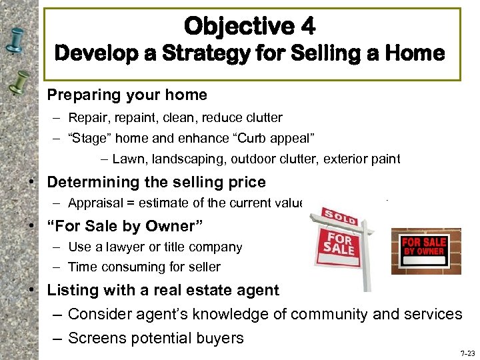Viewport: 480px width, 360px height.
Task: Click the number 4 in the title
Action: click(307, 27)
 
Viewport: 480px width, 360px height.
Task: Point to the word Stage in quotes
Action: click(88, 139)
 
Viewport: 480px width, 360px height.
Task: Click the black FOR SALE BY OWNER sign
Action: click(426, 248)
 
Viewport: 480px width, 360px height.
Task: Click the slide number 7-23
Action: click(467, 353)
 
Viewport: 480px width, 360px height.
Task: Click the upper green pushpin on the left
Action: click(17, 41)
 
